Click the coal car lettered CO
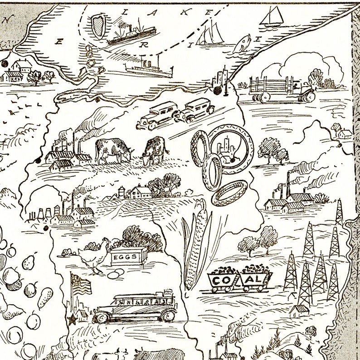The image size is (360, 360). tap(222, 280)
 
